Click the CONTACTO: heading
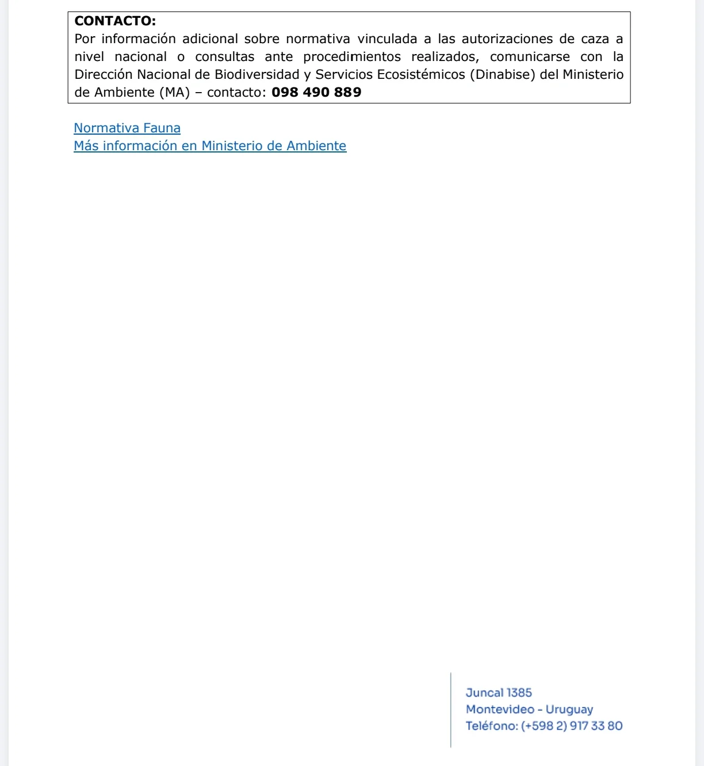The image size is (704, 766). coord(115,21)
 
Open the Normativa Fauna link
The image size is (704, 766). coord(127,128)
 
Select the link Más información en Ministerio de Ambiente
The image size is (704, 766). coord(210,146)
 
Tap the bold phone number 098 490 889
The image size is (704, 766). coord(316,93)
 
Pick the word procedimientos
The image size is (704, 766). coord(352,57)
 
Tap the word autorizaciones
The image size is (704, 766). coord(506,39)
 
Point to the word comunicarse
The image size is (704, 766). coord(530,57)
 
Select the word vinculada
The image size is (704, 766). coord(387,39)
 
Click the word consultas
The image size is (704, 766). coord(224,57)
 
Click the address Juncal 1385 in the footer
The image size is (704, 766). coord(499,693)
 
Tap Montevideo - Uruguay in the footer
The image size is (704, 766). coord(529,710)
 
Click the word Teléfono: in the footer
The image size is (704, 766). coord(492,726)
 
